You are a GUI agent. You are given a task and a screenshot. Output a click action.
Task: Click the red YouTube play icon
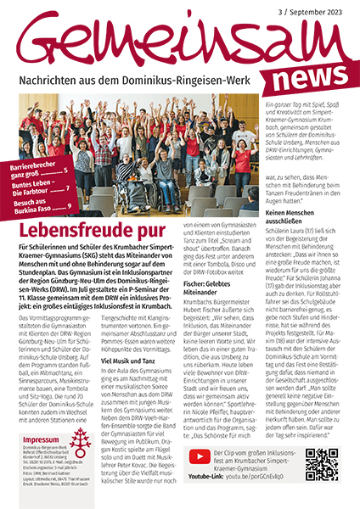click(194, 458)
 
